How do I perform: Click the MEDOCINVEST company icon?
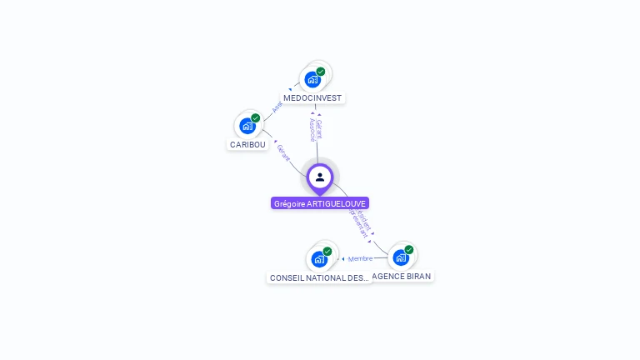[x=312, y=79]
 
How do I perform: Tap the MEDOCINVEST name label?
[x=312, y=98]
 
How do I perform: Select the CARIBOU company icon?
[x=247, y=126]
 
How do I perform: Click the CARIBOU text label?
[x=247, y=145]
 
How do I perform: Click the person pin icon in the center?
[x=320, y=177]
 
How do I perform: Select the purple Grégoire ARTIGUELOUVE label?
[x=320, y=203]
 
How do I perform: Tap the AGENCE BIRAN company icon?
[x=401, y=257]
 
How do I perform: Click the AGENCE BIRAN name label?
[x=402, y=277]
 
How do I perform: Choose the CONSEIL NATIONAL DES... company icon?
[x=319, y=258]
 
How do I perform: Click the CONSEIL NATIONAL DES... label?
[x=319, y=277]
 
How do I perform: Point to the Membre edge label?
[x=360, y=258]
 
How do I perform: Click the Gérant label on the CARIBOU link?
[x=284, y=152]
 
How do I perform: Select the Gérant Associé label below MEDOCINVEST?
[x=316, y=129]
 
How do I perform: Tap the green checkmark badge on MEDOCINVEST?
[x=321, y=72]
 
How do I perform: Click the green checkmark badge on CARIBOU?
[x=256, y=118]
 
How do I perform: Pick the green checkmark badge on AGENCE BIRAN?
[x=409, y=249]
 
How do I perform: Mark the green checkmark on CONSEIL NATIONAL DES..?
[x=327, y=251]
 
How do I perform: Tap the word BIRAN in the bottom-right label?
[x=419, y=277]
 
